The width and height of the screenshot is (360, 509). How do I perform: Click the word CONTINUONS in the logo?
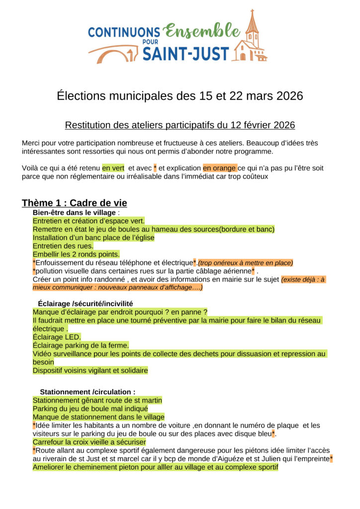click(124, 32)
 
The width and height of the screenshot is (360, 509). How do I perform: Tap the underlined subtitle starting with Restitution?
click(180, 124)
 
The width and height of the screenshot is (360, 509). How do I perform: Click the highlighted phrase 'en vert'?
click(113, 168)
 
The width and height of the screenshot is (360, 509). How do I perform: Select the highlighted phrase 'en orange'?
click(219, 168)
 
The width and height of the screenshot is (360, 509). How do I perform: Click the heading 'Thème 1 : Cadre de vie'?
click(74, 203)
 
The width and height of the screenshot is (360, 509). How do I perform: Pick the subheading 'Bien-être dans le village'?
click(72, 213)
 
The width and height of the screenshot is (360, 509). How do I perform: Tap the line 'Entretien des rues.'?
click(63, 246)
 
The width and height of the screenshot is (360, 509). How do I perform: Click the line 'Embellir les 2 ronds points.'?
click(76, 254)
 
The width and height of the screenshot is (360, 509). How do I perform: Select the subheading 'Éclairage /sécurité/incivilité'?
click(85, 303)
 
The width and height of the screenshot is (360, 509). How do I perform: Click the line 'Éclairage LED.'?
click(56, 337)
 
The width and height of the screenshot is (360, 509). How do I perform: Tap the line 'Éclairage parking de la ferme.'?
click(81, 345)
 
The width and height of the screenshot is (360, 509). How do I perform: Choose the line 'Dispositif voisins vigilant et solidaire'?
click(90, 370)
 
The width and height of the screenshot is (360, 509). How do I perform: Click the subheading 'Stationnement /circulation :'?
click(88, 392)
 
